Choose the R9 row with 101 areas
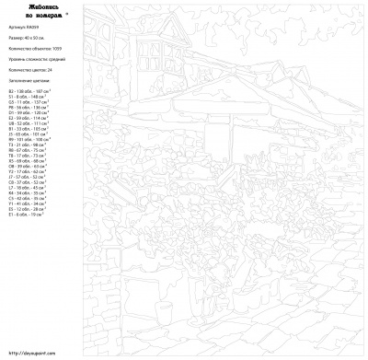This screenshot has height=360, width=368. [29, 139]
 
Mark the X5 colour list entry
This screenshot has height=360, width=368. [27, 159]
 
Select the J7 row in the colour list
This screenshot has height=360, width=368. [27, 175]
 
